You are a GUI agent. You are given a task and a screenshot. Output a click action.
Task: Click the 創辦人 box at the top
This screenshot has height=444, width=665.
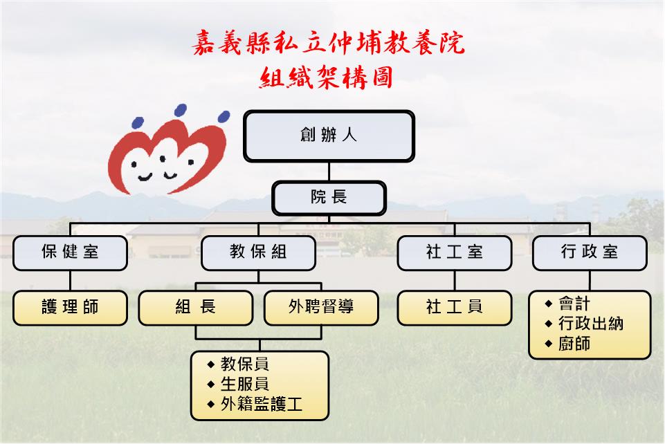(329, 136)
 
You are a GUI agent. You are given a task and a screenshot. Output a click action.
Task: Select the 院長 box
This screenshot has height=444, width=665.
(329, 198)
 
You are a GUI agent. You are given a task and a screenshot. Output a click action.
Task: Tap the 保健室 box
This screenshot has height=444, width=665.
(70, 253)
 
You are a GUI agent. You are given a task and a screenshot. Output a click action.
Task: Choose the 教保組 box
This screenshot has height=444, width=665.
(258, 253)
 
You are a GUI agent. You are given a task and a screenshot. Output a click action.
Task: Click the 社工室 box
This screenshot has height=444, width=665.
(455, 253)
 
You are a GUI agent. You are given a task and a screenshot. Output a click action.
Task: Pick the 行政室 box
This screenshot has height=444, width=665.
(590, 253)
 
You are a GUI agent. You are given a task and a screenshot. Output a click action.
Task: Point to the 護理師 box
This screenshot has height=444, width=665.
(70, 308)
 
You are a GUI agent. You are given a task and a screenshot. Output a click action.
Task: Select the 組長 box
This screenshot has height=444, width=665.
(196, 308)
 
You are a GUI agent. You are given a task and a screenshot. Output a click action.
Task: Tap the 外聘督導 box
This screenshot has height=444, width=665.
(321, 308)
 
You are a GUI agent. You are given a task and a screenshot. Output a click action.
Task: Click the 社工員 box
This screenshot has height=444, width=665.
(455, 308)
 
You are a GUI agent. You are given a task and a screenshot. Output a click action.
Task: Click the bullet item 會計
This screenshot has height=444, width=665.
(574, 304)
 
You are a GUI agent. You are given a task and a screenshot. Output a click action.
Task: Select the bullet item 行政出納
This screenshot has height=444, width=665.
(591, 324)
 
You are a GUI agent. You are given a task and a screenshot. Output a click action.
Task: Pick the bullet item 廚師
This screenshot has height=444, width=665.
(574, 344)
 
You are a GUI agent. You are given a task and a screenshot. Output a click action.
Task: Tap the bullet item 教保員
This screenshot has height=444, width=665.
(245, 364)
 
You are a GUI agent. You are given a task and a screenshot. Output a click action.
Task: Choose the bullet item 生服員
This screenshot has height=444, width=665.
(245, 385)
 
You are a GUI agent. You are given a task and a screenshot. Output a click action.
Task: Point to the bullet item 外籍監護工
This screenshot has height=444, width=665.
(262, 404)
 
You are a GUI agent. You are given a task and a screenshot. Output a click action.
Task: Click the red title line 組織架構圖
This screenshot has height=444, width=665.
(326, 77)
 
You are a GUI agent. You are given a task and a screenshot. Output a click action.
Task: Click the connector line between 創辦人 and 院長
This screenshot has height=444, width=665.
(329, 172)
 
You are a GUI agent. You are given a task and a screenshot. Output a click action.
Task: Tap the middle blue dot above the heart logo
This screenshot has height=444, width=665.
(181, 110)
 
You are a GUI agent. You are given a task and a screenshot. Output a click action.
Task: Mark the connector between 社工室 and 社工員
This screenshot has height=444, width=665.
(455, 281)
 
